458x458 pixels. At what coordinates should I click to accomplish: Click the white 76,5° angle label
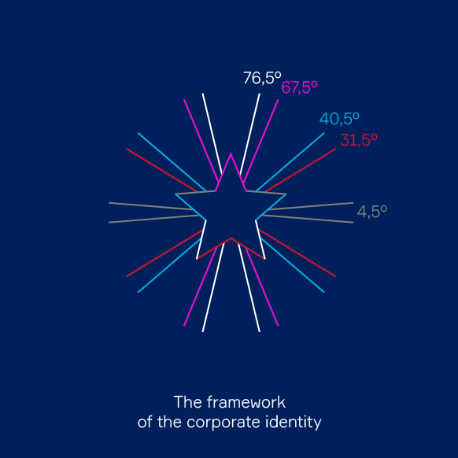tap(262, 78)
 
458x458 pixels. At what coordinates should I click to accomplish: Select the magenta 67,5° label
tap(299, 87)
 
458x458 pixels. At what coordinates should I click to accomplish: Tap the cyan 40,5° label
tap(339, 119)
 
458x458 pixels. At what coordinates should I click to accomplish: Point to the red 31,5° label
tap(359, 140)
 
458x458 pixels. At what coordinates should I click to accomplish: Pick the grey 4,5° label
tap(372, 212)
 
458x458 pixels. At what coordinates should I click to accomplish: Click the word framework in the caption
tap(246, 402)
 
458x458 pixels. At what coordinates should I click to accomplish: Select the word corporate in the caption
tap(223, 423)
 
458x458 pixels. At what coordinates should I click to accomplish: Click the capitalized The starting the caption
tap(187, 402)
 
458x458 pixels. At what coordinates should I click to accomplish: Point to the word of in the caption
tap(145, 422)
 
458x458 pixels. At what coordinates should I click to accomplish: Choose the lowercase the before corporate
tap(169, 422)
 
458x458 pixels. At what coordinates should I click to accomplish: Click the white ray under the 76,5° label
tap(249, 135)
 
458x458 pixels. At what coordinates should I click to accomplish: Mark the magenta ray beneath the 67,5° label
tap(260, 141)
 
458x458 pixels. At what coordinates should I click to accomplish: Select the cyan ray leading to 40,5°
tap(290, 162)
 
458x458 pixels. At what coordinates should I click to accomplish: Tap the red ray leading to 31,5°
tap(301, 170)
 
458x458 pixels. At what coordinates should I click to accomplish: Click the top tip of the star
tap(231, 153)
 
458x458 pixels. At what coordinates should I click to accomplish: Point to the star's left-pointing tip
tap(175, 194)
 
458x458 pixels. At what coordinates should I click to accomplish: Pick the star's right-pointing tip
tap(286, 194)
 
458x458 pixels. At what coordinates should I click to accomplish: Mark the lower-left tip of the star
tap(197, 259)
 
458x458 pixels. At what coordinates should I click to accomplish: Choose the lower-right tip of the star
tap(264, 259)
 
